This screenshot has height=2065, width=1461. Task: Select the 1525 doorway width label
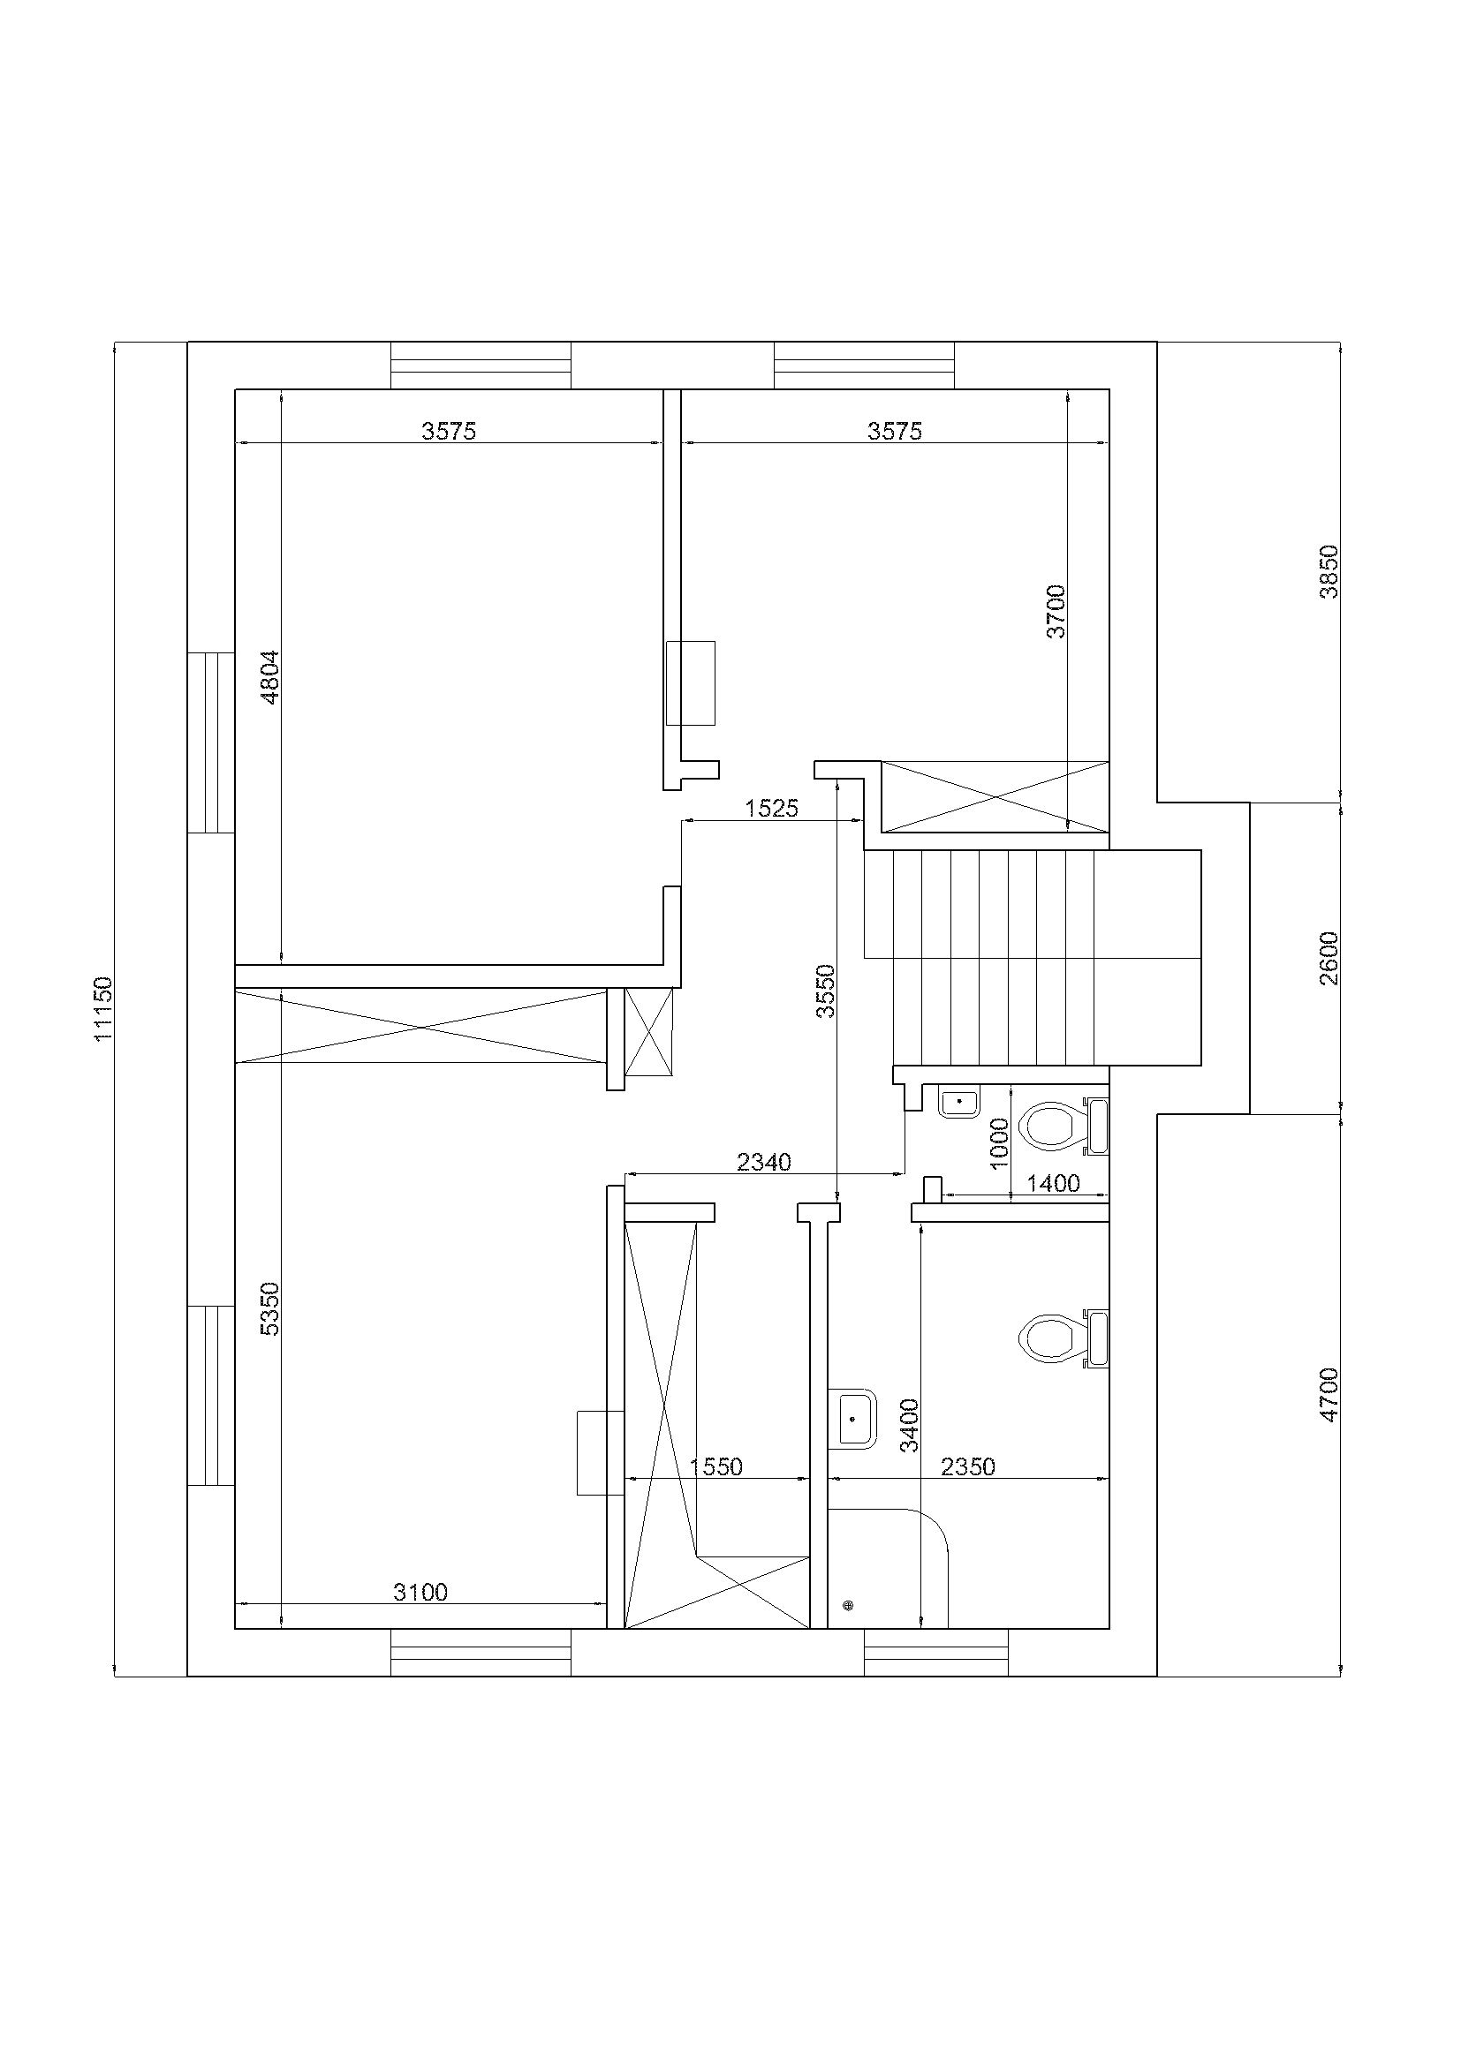772,809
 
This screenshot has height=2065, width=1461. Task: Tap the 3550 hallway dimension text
825,991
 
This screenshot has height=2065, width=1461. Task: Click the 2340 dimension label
764,1163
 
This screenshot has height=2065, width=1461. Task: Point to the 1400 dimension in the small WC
1054,1184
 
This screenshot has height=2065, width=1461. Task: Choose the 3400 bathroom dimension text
910,1426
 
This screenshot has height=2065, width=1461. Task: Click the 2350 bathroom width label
968,1467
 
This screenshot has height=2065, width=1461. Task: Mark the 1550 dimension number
716,1467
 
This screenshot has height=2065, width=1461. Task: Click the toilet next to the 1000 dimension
1063,1125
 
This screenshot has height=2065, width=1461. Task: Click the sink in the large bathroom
852,1420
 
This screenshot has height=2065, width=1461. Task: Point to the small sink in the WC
959,1101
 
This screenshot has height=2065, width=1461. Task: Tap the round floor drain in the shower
847,1604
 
